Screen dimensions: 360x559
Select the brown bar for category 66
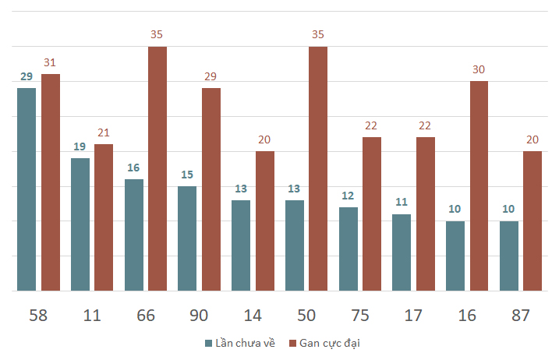click(x=157, y=168)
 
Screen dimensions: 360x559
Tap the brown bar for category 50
click(x=318, y=168)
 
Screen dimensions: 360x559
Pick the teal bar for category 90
click(x=187, y=238)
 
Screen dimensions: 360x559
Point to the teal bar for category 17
click(x=402, y=252)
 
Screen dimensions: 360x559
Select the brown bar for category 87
click(x=532, y=221)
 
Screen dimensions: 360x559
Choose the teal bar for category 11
click(x=80, y=224)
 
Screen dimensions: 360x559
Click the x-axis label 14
click(x=253, y=316)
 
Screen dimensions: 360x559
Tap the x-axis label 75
click(x=359, y=316)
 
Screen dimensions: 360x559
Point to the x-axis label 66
click(x=146, y=316)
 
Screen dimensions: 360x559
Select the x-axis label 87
click(x=520, y=316)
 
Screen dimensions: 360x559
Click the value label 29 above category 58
click(x=27, y=77)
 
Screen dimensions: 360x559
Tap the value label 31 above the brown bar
click(x=51, y=63)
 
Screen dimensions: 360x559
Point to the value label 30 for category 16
click(x=479, y=70)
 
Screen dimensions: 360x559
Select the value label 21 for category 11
click(x=104, y=133)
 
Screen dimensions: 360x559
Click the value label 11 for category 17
click(x=402, y=203)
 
